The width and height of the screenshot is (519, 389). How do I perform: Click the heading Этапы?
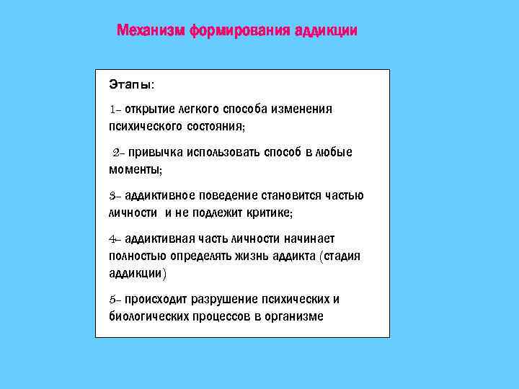130,84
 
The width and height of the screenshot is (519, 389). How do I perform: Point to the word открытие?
148,109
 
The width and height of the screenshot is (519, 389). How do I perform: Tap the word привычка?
154,153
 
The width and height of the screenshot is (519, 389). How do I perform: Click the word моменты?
135,170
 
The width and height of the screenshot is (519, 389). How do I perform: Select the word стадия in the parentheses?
342,256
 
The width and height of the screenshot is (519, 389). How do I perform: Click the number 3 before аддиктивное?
112,196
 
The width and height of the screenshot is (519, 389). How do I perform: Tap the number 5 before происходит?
112,300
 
